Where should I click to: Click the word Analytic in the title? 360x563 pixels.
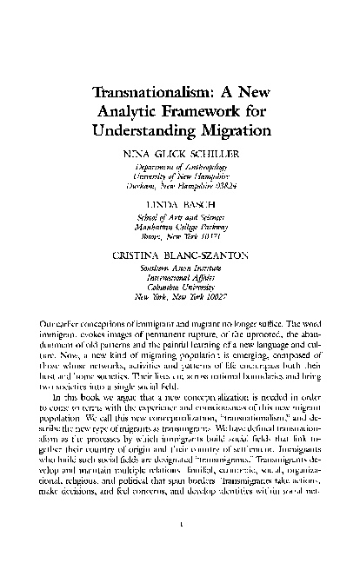[x=137, y=112]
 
